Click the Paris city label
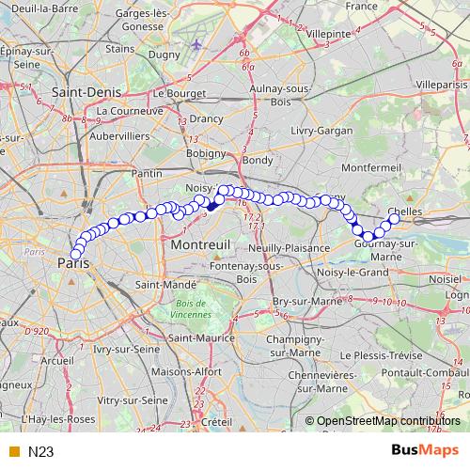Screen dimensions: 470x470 pyautogui.click(x=79, y=264)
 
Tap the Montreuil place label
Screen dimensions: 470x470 pyautogui.click(x=201, y=243)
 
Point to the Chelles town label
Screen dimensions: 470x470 pyautogui.click(x=405, y=211)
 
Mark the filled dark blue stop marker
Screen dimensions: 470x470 pyautogui.click(x=211, y=204)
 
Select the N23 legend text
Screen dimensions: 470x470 pyautogui.click(x=40, y=452)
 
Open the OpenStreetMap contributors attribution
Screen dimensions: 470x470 pyautogui.click(x=390, y=421)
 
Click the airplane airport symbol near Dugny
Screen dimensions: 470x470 pyautogui.click(x=196, y=44)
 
